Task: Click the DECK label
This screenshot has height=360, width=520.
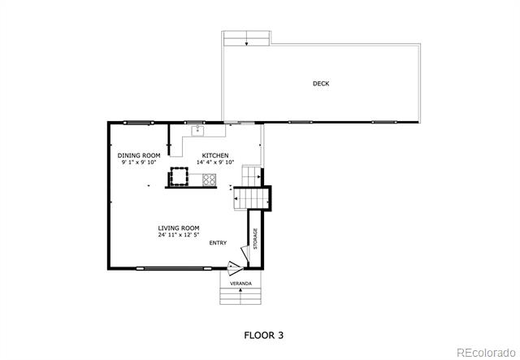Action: tap(321, 84)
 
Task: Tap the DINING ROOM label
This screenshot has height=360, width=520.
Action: tap(139, 155)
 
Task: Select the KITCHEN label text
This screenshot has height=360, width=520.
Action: tap(215, 155)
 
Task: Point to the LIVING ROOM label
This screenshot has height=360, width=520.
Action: tap(179, 228)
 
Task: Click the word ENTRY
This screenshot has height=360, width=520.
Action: tap(218, 243)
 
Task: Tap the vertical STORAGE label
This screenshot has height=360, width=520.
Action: tap(255, 239)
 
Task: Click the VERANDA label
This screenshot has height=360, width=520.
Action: tap(240, 284)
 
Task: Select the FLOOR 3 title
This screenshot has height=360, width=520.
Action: tap(263, 335)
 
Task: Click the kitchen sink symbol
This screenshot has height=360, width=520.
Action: tap(197, 130)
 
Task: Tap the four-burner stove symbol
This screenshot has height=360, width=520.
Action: tap(209, 180)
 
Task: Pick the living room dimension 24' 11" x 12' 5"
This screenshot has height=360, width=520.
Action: tap(179, 235)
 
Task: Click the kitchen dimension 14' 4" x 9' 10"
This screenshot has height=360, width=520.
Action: tap(215, 163)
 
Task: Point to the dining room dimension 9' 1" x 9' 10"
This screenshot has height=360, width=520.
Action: tap(139, 163)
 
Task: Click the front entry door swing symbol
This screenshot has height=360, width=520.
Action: tap(235, 268)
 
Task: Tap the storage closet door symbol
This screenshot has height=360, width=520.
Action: tap(245, 254)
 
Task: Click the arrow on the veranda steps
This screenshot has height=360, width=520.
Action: tap(240, 289)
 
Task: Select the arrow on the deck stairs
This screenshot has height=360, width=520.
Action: tap(247, 43)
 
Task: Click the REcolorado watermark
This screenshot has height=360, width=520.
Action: tap(486, 353)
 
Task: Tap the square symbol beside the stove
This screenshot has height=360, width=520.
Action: tap(179, 176)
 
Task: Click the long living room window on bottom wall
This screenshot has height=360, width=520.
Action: tap(174, 268)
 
